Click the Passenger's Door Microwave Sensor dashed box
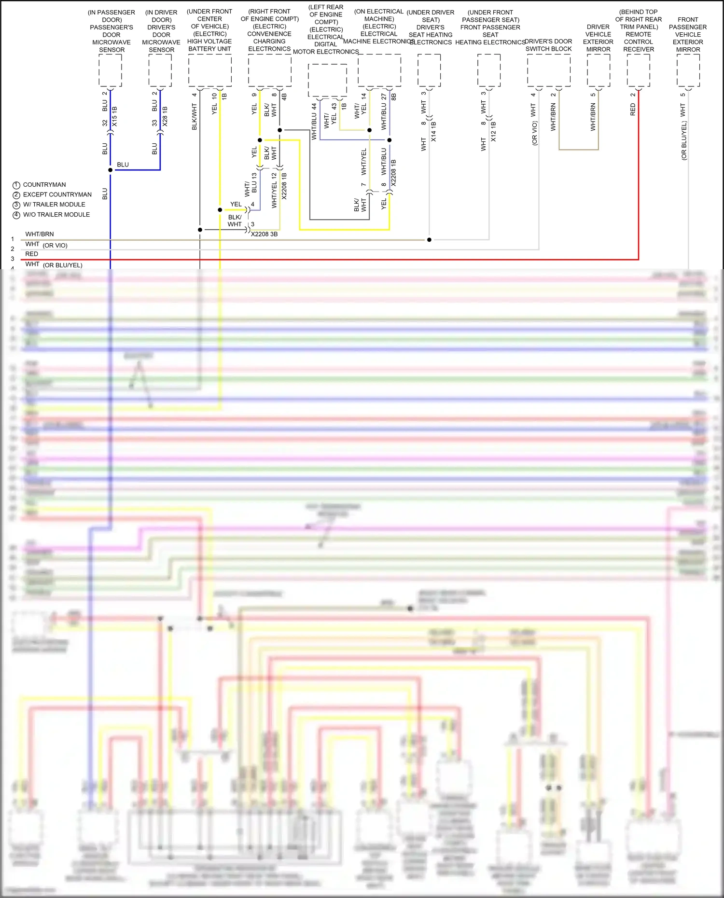coord(110,70)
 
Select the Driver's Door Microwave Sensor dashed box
coord(160,70)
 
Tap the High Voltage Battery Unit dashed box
coord(210,70)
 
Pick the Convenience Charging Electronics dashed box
coord(270,70)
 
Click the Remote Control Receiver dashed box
coord(639,70)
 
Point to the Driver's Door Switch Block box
coord(549,70)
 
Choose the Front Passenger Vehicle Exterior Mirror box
coord(688,70)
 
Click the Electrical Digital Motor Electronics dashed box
coord(327,80)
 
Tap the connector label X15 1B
coord(114,117)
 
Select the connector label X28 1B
coord(165,117)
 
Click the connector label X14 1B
coord(433,132)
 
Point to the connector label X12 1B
coord(493,132)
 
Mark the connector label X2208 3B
coord(265,235)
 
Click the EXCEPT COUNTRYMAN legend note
coord(57,194)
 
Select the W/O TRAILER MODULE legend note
coord(56,215)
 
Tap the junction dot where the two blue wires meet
coord(111,170)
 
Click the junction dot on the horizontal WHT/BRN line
coord(429,240)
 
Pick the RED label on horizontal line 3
coord(32,254)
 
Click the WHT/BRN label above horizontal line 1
coord(40,234)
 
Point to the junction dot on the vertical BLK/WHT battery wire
coord(200,230)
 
